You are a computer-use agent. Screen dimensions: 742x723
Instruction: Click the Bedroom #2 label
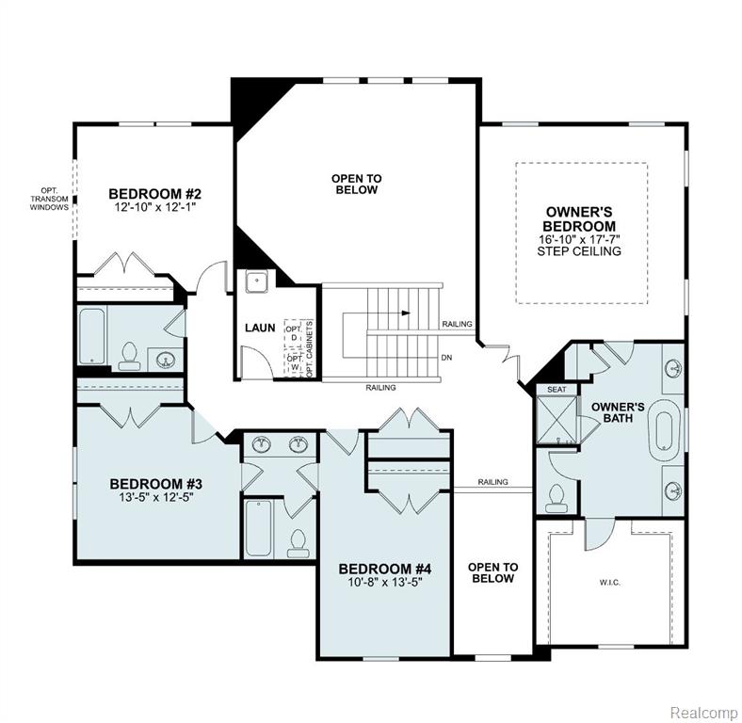pos(154,194)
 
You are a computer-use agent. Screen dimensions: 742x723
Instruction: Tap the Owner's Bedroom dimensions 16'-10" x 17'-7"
pos(579,239)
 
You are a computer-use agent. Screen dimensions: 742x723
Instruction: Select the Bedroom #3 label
pos(155,484)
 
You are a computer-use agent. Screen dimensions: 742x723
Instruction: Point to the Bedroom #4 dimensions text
pos(385,582)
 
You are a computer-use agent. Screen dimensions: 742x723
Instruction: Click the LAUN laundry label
pos(260,328)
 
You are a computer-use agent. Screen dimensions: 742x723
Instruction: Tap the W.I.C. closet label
pos(609,583)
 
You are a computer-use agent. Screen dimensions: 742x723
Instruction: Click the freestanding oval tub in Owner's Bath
pos(665,430)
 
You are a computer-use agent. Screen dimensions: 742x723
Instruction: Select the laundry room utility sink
pos(257,281)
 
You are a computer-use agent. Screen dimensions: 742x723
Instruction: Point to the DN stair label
pos(446,358)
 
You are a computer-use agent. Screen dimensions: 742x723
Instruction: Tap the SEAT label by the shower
pos(556,390)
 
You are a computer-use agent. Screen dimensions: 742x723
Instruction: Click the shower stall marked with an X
pos(556,420)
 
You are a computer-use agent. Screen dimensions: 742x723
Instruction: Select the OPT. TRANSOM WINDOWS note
pos(49,200)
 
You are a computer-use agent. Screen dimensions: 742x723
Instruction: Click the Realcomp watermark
pos(703,712)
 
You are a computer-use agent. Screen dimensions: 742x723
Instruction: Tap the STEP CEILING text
pos(579,251)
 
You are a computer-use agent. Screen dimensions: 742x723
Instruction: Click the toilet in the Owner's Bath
pos(556,499)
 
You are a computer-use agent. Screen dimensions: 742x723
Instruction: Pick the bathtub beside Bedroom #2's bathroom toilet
pos(91,336)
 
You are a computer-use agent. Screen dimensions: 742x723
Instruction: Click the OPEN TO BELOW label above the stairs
pos(356,185)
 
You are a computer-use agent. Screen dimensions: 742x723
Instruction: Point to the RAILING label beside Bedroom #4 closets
pos(492,482)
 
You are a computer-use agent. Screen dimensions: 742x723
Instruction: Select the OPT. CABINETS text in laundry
pos(310,349)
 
